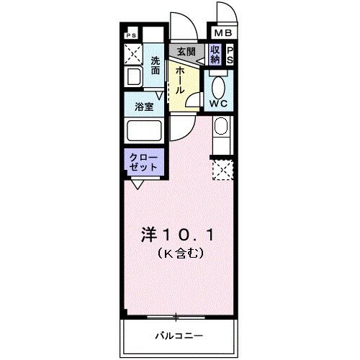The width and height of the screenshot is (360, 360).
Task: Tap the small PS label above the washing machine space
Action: tap(131, 35)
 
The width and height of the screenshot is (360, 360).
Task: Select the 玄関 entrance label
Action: tap(186, 53)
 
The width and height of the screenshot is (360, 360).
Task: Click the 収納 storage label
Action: tap(215, 54)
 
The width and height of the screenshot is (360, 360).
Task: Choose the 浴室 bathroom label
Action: tap(143, 107)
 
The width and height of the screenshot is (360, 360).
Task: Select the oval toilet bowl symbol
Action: tap(219, 84)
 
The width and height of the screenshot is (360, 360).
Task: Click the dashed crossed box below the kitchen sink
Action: tap(222, 170)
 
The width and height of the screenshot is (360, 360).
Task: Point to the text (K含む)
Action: tap(181, 253)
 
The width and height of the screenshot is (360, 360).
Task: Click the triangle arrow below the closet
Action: tap(135, 184)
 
